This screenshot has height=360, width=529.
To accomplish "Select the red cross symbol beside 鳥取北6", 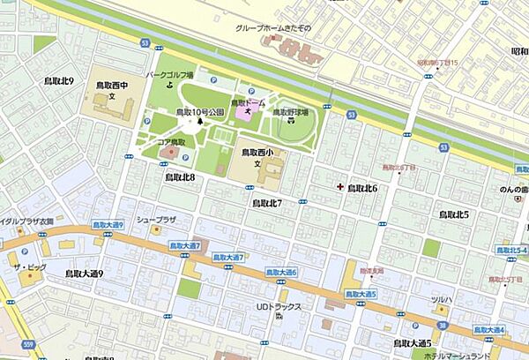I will (340, 187).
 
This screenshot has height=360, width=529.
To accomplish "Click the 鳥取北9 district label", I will (59, 80).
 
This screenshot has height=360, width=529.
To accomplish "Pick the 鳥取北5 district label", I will (454, 214).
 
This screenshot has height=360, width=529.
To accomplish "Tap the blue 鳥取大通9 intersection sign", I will (108, 226).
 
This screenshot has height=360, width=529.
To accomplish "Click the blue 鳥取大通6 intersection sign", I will (280, 273).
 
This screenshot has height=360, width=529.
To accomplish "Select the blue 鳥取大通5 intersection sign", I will (361, 293).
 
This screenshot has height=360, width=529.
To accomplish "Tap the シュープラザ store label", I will (156, 218).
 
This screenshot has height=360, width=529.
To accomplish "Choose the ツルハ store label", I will (441, 300).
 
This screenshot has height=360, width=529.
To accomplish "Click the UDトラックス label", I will (279, 306).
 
